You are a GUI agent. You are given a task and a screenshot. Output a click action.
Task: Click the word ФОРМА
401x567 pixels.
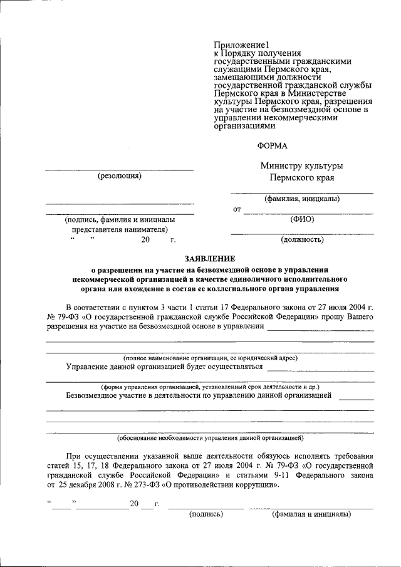(273, 145)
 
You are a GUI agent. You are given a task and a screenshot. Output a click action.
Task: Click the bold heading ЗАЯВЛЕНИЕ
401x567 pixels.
(210, 258)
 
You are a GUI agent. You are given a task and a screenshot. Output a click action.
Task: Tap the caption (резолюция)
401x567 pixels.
(120, 176)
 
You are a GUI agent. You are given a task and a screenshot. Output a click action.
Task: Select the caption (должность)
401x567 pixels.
(302, 239)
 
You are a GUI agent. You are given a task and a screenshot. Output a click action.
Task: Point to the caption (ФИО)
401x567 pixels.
(302, 219)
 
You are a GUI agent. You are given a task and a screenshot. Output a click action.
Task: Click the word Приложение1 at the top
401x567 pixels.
(241, 45)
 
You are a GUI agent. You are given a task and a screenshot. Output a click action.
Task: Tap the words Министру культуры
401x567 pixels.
(301, 166)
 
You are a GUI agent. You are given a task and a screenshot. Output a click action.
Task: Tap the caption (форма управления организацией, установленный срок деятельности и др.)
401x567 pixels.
(210, 387)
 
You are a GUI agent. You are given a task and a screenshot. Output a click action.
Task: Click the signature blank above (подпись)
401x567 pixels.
(206, 508)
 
